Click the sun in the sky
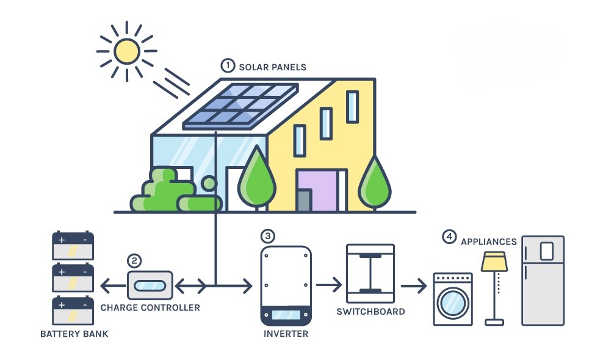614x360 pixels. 126,51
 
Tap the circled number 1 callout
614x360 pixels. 228,65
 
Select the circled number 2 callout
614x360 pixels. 134,261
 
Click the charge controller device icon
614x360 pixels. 150,285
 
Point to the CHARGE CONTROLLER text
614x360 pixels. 150,308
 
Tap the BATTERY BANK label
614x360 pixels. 74,334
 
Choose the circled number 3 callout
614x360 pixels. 267,236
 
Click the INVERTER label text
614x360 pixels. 286,334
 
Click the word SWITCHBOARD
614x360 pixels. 370,311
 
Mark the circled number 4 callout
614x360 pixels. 449,236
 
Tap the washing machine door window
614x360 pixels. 453,303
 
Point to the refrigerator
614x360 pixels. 543,281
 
